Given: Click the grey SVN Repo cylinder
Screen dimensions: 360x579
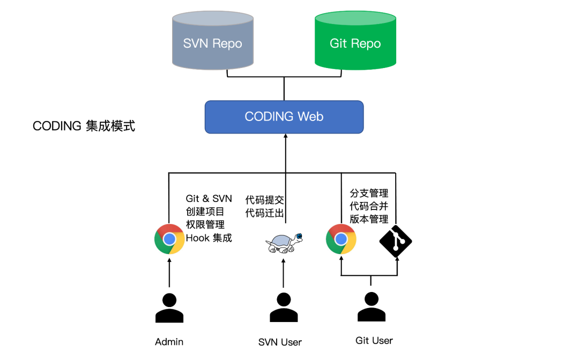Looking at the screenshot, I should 212,43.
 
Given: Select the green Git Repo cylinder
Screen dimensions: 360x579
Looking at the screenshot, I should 355,43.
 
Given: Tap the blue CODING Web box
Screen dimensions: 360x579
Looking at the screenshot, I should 284,117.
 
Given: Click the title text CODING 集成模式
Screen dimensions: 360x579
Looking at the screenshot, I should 84,126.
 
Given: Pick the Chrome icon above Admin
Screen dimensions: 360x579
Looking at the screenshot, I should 169,239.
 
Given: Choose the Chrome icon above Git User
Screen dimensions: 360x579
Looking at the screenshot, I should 341,239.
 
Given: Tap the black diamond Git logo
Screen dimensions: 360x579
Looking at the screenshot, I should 396,241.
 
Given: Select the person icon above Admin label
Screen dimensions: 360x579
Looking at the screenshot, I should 169,309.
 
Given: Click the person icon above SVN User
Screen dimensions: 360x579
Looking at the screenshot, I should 284,309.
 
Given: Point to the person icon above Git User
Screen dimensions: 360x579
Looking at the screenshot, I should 372,307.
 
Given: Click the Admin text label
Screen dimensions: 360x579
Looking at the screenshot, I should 169,342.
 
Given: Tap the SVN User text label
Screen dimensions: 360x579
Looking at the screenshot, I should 280,342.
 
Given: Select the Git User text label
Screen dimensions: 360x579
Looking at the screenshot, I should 374,340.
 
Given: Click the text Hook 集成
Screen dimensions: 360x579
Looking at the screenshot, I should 209,237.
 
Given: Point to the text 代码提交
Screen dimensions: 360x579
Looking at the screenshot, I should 264,200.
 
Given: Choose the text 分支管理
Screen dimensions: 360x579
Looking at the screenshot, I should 369,193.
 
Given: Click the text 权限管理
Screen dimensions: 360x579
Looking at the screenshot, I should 205,224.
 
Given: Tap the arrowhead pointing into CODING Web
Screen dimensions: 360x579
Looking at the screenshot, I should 285,137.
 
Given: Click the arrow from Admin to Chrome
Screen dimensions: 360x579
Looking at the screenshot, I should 169,273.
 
